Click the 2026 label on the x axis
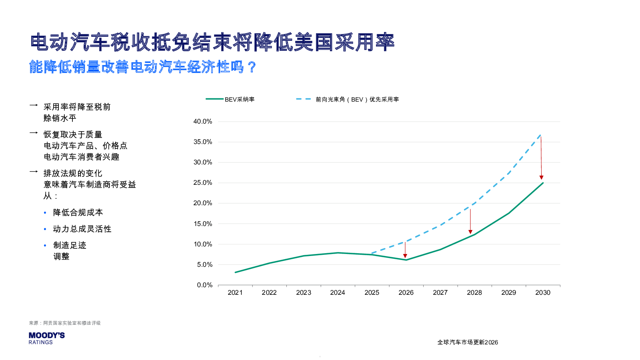tap(406, 292)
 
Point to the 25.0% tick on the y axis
tap(203, 183)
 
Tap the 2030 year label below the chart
tap(543, 292)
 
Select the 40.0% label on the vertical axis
tap(203, 122)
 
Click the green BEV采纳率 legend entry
tap(230, 99)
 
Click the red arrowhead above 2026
tap(405, 256)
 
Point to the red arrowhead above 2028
tap(470, 232)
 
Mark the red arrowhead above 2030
tap(541, 178)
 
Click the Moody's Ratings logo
tap(46, 338)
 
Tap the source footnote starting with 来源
tap(65, 323)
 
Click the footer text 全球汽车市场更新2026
tap(467, 342)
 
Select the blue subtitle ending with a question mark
tap(142, 67)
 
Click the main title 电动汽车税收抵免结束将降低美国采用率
tap(212, 42)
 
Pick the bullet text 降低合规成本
tap(78, 212)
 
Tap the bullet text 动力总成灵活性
tap(82, 229)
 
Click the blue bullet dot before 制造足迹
tap(45, 245)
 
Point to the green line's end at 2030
tap(543, 183)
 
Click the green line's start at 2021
tap(235, 272)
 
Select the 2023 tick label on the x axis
tap(304, 292)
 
